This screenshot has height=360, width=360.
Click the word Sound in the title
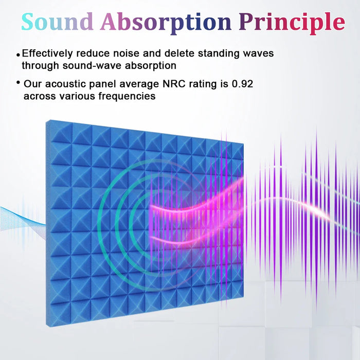tap(57, 22)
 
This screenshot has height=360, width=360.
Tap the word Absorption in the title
tap(165, 22)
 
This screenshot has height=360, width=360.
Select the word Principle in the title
tap(293, 22)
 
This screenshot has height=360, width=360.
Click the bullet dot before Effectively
tap(19, 54)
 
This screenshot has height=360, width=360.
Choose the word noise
tap(132, 53)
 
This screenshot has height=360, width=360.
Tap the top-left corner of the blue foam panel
tap(47, 121)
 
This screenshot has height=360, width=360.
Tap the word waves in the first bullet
tap(259, 53)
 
